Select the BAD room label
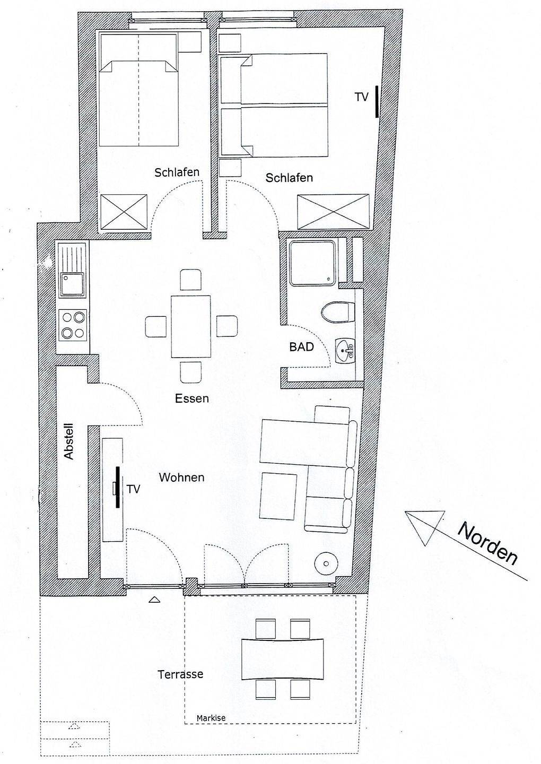[x=301, y=347]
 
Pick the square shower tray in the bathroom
[x=311, y=262]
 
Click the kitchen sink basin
[x=72, y=283]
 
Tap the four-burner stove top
[x=73, y=325]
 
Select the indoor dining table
[x=191, y=326]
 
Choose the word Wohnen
[x=182, y=477]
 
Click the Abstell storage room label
[x=68, y=441]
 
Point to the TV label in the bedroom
[x=362, y=97]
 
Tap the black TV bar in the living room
[x=118, y=487]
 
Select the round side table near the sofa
[x=326, y=563]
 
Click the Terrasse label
[x=180, y=674]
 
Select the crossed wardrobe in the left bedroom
[x=124, y=212]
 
